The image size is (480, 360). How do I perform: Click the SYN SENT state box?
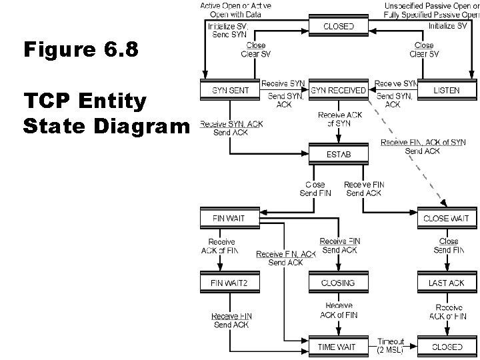[x=225, y=89]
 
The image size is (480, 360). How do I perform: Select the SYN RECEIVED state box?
[x=338, y=89]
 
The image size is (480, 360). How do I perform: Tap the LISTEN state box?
[x=446, y=89]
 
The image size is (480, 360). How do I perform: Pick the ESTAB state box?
[x=338, y=155]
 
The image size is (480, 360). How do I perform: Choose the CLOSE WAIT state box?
[x=446, y=218]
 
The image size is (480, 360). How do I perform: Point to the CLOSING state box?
[x=338, y=283]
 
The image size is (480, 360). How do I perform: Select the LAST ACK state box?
[x=446, y=283]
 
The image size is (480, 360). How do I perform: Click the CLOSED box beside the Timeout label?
[x=446, y=347]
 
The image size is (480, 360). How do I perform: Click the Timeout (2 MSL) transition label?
[x=390, y=344]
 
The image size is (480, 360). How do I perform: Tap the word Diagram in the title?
[x=142, y=125]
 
